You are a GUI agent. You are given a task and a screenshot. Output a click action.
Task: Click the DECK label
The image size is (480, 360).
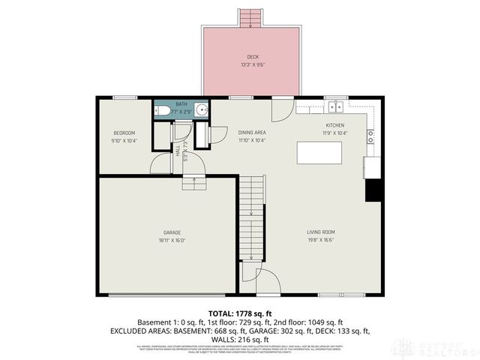click(x=251, y=57)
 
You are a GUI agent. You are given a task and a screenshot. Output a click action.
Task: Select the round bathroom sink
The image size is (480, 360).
click(x=199, y=110)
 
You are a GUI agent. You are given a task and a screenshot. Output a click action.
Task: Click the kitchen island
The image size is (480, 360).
click(x=321, y=152)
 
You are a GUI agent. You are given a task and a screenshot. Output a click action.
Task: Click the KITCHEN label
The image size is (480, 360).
click(x=334, y=125)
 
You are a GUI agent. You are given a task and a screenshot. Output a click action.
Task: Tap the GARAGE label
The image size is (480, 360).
click(x=172, y=232)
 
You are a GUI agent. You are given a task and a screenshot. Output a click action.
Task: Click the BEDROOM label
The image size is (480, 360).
click(x=124, y=133)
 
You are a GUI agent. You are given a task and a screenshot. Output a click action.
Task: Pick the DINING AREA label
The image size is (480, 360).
click(x=252, y=133)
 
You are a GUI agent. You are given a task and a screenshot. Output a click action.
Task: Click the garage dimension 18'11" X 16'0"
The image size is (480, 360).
click(x=172, y=240)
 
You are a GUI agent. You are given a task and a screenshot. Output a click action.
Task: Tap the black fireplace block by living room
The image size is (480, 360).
click(x=373, y=190)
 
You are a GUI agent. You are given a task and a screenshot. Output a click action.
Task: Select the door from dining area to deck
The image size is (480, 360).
click(x=283, y=109)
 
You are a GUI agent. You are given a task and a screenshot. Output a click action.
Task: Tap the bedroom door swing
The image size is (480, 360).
click(x=162, y=163)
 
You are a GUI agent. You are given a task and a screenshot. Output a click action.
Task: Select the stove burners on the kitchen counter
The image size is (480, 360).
click(x=370, y=136)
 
